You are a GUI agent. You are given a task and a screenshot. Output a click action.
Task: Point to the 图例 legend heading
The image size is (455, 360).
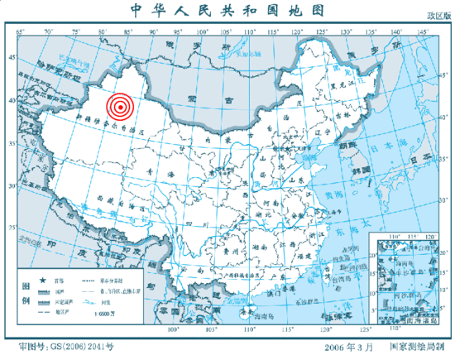click(23, 293)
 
